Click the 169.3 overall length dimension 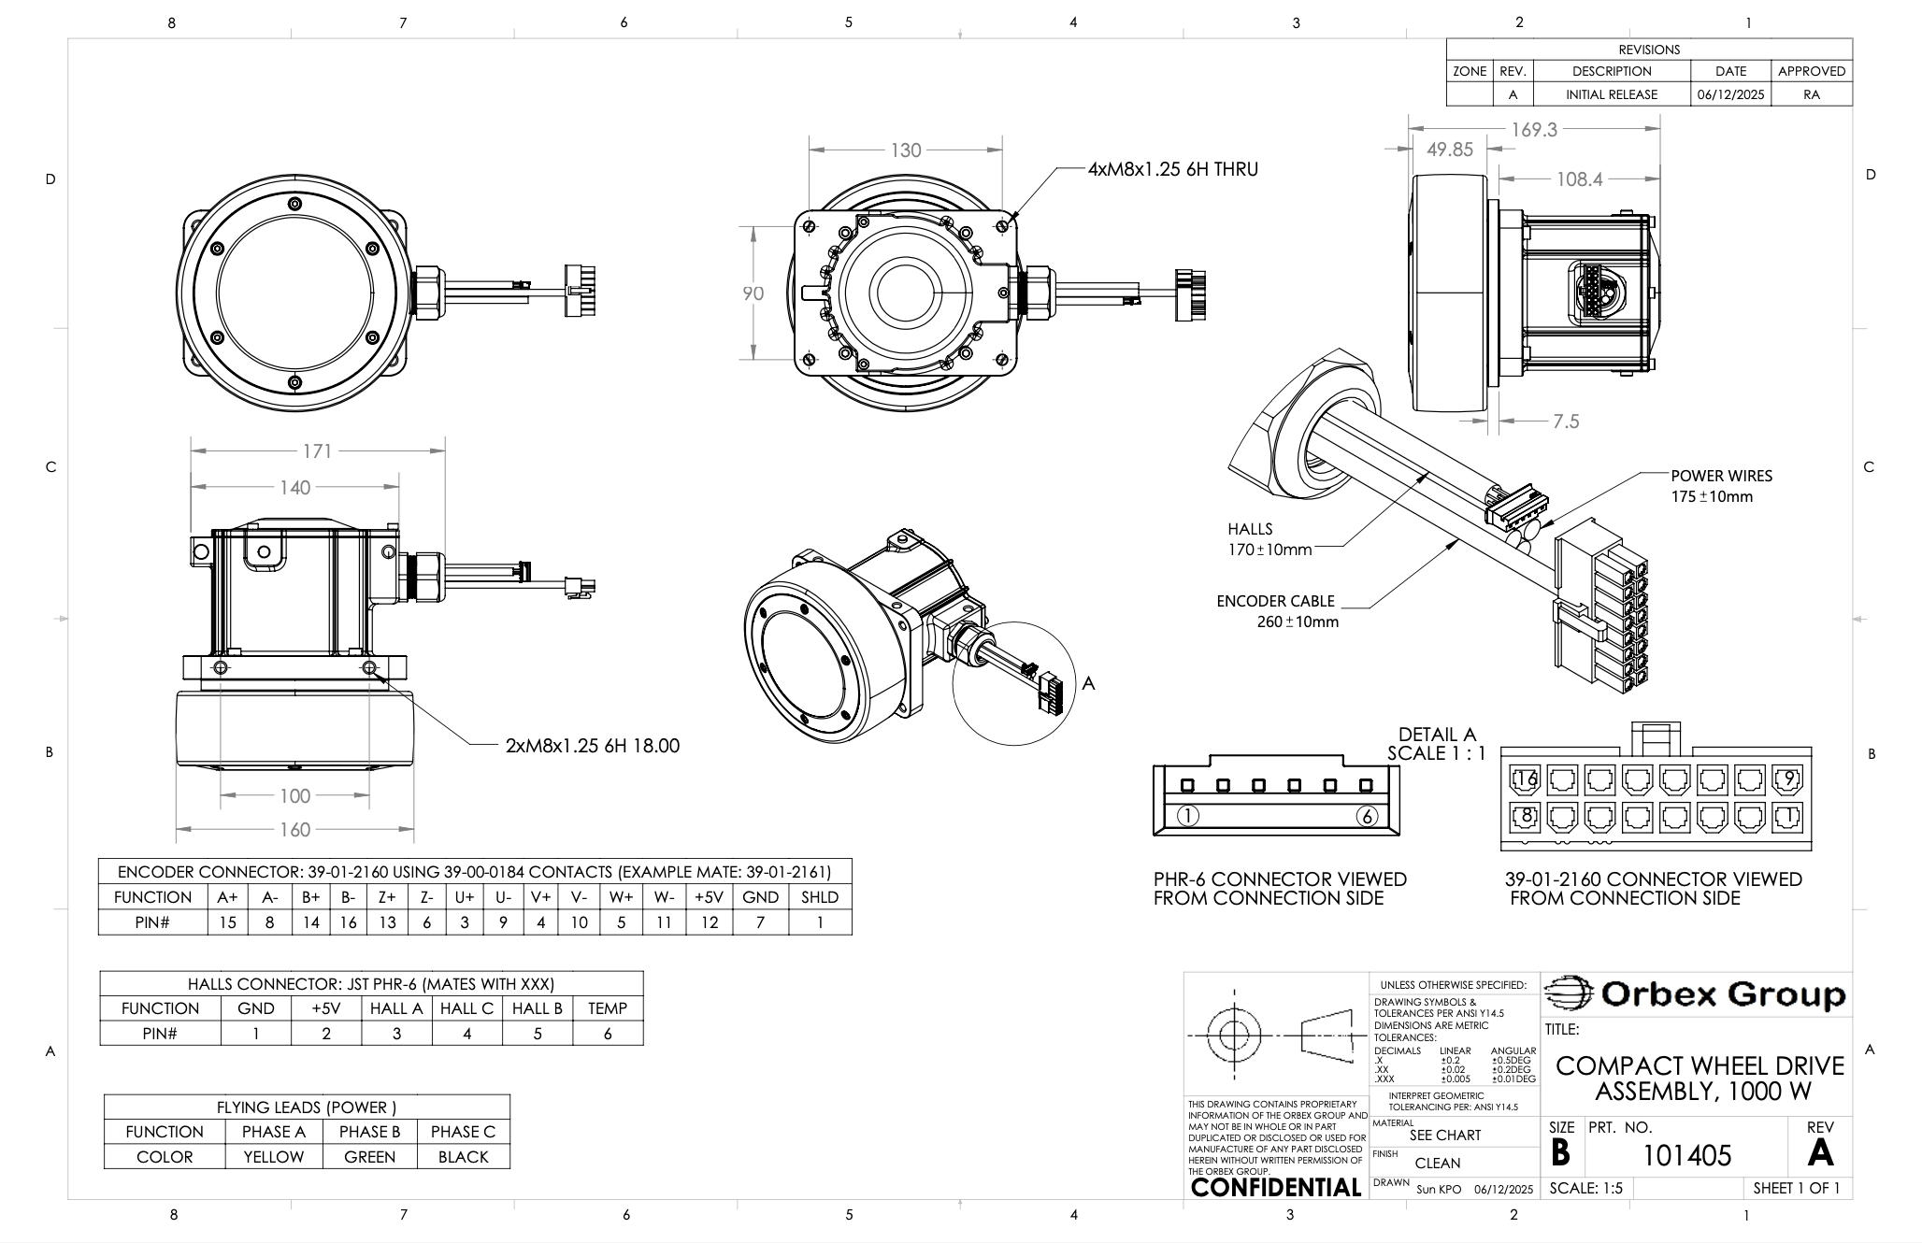(x=1534, y=130)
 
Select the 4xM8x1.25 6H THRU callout (x=1172, y=169)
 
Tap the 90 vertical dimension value (x=753, y=293)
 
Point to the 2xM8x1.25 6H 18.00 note (x=592, y=746)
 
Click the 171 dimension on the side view (x=317, y=451)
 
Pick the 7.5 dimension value (x=1566, y=421)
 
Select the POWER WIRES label (x=1721, y=476)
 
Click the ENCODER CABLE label (x=1275, y=601)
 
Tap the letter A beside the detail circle (x=1088, y=684)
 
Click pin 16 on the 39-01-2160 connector (x=1526, y=779)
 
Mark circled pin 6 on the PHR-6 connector (x=1367, y=816)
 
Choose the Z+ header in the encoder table (x=387, y=897)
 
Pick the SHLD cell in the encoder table (x=820, y=897)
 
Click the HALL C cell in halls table (x=466, y=1008)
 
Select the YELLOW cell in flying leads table (x=274, y=1157)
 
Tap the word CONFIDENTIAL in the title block (x=1275, y=1188)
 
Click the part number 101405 (x=1686, y=1156)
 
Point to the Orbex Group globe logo (x=1569, y=993)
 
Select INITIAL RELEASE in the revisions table (x=1612, y=94)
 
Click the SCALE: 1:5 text (x=1585, y=1189)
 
